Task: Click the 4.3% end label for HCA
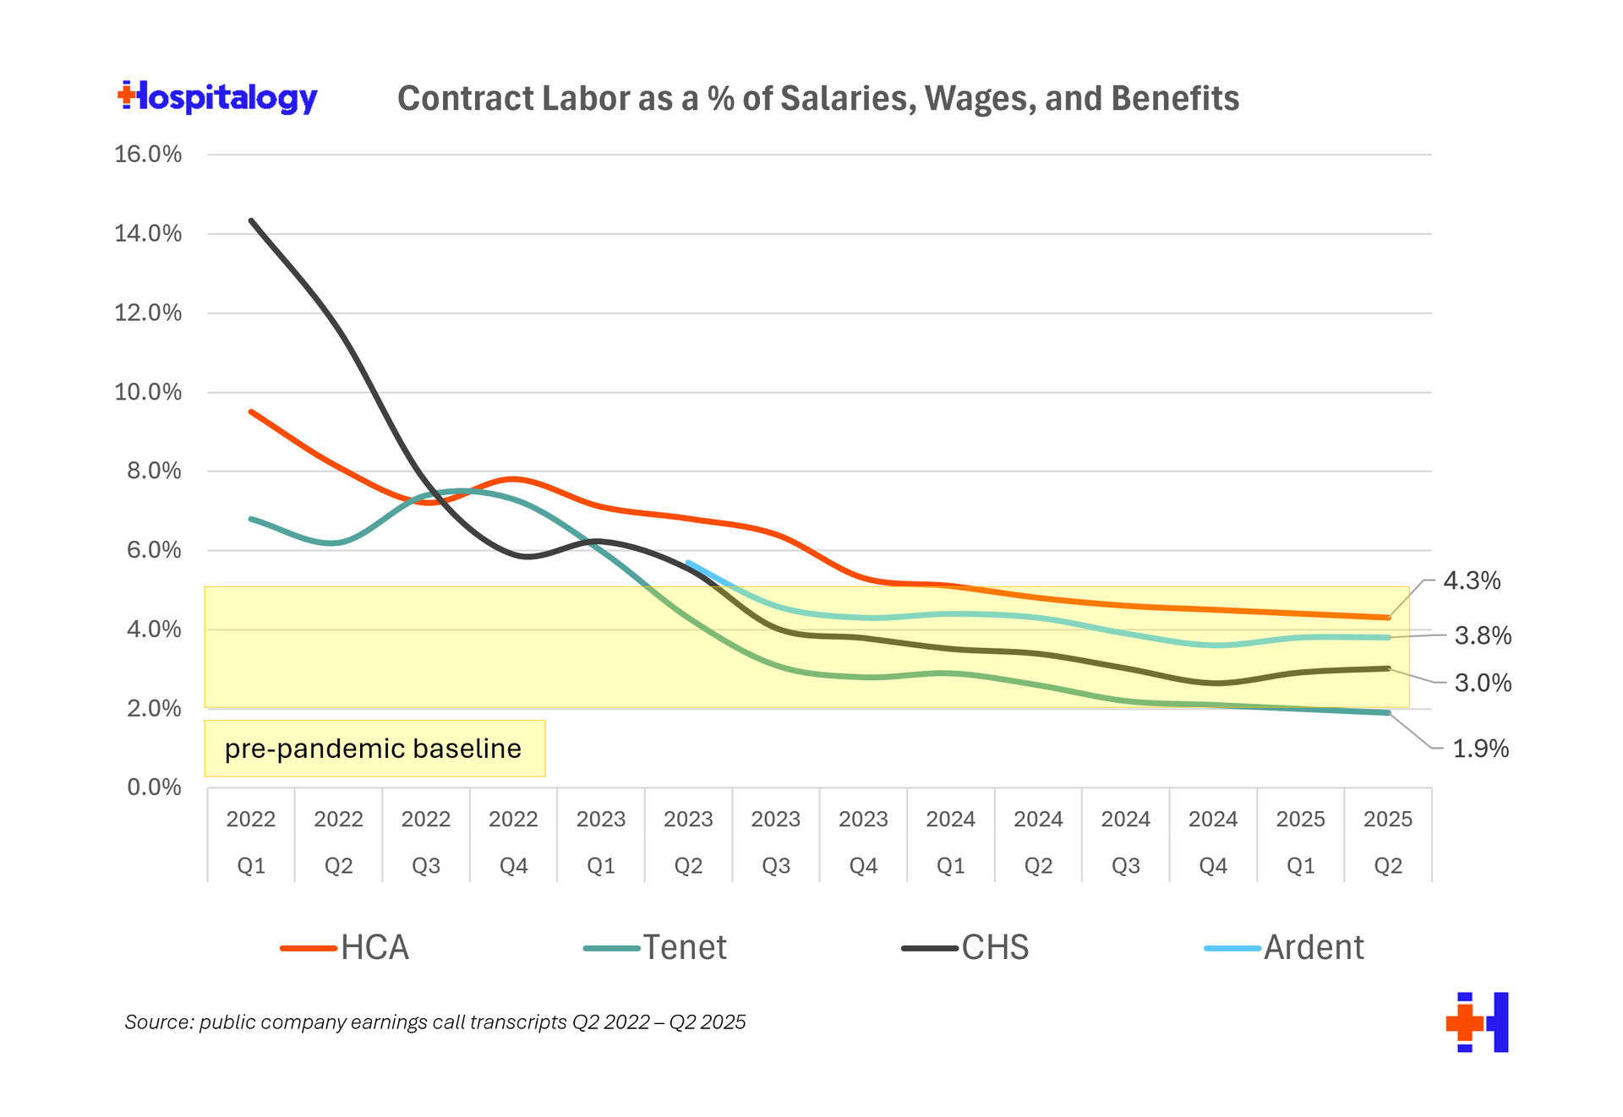[1471, 581]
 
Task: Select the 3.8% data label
[1482, 635]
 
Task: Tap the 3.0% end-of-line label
[1482, 683]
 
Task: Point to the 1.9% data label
[1480, 749]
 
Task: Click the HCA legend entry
[346, 948]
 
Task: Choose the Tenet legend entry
[655, 948]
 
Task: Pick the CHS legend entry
[965, 948]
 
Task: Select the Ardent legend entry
[1284, 948]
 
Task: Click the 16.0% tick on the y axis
[148, 155]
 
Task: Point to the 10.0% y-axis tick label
[148, 392]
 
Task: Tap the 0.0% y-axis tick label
[154, 787]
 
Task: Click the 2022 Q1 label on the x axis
[251, 842]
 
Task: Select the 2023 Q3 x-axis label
[776, 842]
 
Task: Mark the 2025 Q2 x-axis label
[1388, 842]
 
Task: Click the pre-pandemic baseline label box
[374, 749]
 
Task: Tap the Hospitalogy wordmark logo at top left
[218, 97]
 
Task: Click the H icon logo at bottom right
[1478, 1022]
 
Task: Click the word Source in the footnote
[158, 1022]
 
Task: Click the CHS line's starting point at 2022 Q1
[251, 221]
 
